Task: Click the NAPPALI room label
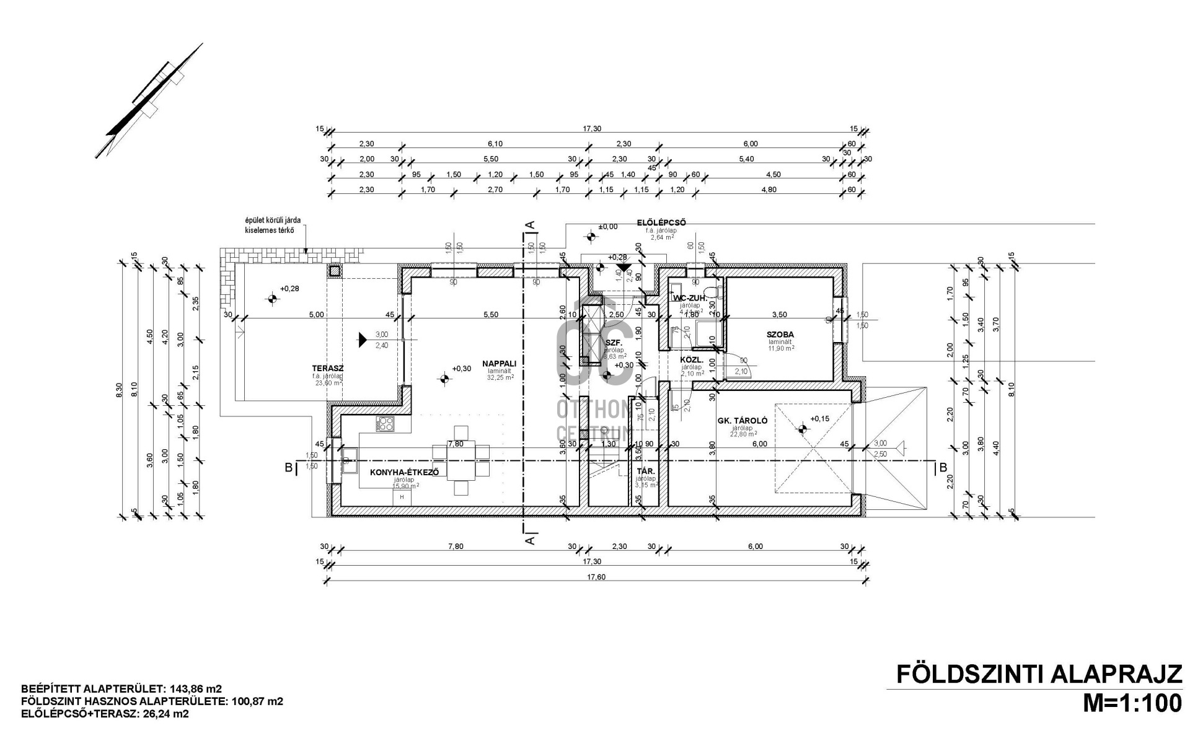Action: pos(504,364)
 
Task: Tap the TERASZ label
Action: pos(327,367)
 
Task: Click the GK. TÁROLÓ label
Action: pos(743,421)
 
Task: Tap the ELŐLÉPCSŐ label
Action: pos(661,222)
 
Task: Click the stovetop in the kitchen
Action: pos(386,424)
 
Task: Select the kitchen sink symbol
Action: pos(348,460)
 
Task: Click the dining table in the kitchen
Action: pos(461,460)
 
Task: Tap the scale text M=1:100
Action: pos(1131,703)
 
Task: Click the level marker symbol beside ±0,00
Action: pos(591,236)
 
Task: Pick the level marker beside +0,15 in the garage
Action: pos(803,428)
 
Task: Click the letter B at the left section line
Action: pos(288,468)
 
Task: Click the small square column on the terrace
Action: pos(335,271)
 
